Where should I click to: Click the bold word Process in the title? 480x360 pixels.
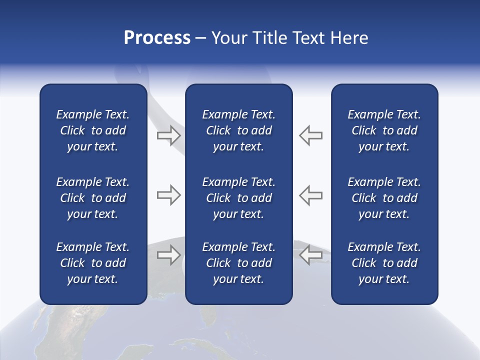coord(157,38)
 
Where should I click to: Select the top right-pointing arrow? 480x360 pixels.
coord(168,135)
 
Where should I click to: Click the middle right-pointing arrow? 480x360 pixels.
coord(168,195)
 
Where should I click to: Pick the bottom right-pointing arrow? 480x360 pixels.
coord(168,255)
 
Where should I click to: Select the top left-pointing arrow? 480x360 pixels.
coord(311,135)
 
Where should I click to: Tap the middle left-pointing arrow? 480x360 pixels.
coord(311,195)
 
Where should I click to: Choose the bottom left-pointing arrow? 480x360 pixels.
coord(311,255)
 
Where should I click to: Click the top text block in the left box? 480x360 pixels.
coord(93,130)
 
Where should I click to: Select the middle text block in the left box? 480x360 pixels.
coord(93,198)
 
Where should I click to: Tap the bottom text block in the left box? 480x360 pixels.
coord(93,263)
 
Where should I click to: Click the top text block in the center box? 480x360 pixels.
coord(239,130)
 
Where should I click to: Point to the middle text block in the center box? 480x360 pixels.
coord(239,198)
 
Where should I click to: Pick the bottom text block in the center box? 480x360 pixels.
coord(239,263)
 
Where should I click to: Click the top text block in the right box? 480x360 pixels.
coord(384,130)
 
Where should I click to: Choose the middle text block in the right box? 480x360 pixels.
coord(384,198)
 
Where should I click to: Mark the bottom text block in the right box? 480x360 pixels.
coord(384,263)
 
